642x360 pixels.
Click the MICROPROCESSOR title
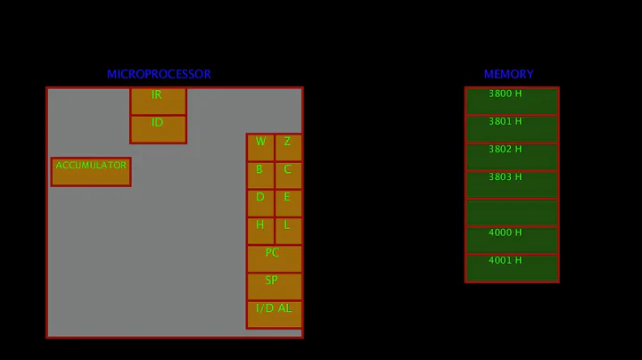(159, 75)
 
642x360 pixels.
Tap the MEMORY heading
(508, 75)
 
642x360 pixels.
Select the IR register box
(158, 101)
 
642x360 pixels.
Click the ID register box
(158, 128)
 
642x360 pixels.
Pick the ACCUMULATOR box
(91, 171)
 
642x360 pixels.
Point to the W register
(260, 147)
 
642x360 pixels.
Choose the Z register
(288, 147)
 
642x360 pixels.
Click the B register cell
(260, 175)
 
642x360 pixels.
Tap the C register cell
(288, 175)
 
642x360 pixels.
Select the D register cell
(260, 202)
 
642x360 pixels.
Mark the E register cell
(288, 202)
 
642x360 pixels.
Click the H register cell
(260, 230)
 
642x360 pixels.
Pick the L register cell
(288, 230)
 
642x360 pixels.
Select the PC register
(275, 258)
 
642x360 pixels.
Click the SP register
(275, 286)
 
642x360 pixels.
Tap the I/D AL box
(275, 314)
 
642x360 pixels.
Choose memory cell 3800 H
(512, 101)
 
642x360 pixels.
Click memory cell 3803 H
(512, 184)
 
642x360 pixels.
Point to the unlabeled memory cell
(512, 212)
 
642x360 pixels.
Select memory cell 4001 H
(512, 267)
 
